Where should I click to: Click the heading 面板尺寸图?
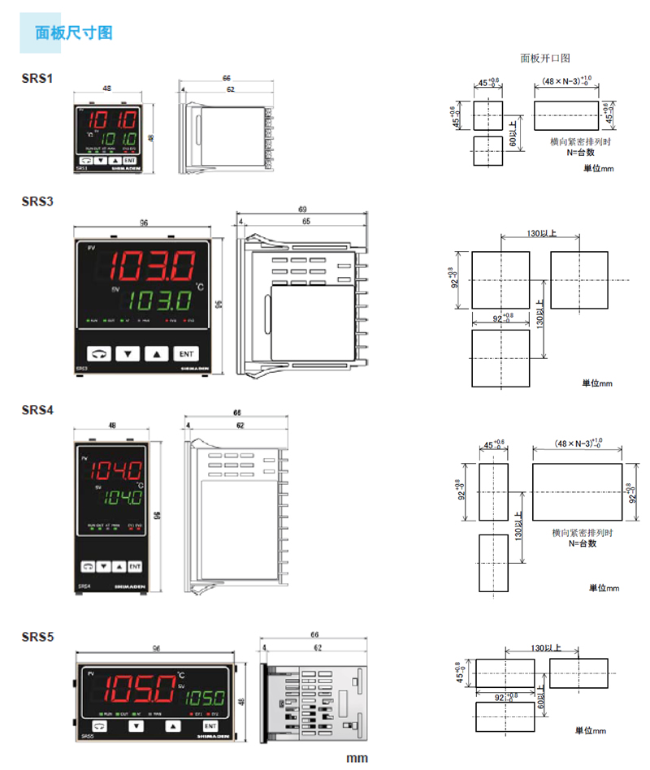(x=74, y=33)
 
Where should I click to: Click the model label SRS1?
(x=37, y=79)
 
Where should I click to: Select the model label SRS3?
(x=37, y=201)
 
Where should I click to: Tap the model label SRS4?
(x=37, y=411)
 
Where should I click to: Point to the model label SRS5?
(x=37, y=637)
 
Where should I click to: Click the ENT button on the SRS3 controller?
(x=186, y=353)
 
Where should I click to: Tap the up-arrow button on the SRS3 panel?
(x=157, y=353)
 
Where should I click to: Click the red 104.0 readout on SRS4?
(x=115, y=469)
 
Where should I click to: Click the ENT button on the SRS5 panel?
(x=210, y=725)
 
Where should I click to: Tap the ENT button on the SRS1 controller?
(x=130, y=161)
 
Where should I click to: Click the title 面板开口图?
(x=545, y=58)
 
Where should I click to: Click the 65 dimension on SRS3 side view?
(x=306, y=221)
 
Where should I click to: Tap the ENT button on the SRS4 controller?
(x=134, y=566)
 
